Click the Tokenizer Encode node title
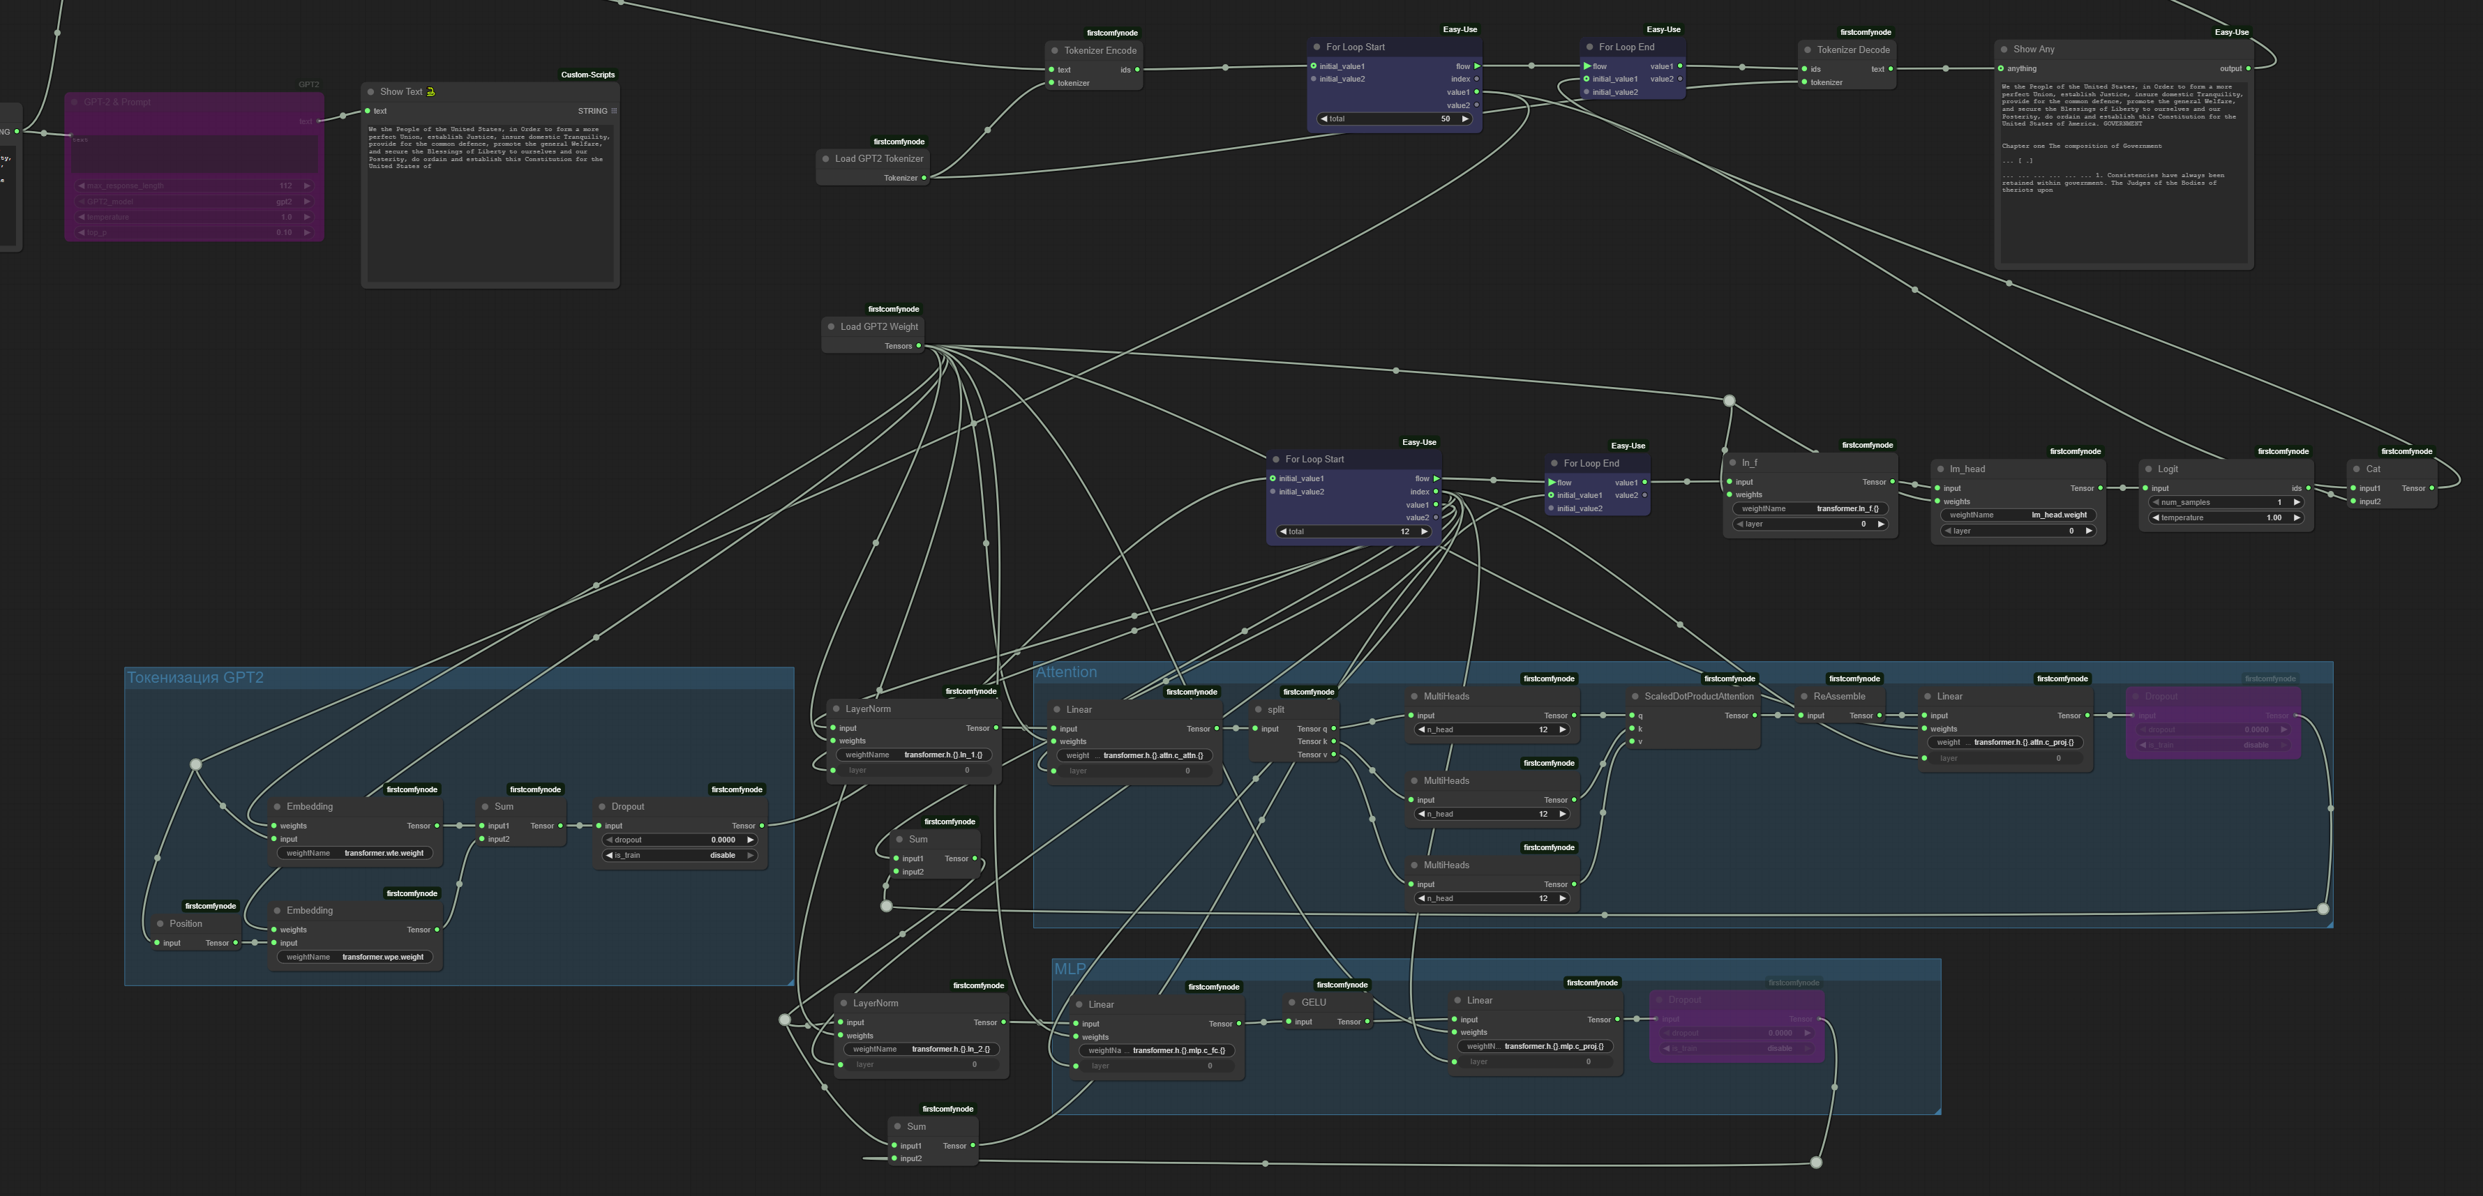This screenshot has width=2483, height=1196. coord(1100,50)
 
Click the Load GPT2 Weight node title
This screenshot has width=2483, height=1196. coord(878,326)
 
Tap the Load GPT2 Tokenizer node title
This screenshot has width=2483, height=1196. coord(878,159)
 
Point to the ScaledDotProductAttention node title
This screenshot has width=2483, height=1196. coord(1698,696)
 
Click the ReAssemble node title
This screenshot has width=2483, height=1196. coord(1838,696)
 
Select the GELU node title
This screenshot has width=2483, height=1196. coord(1313,1002)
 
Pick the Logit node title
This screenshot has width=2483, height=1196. coord(2167,469)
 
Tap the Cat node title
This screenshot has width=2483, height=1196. coord(2372,469)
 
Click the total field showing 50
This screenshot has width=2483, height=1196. coord(1394,119)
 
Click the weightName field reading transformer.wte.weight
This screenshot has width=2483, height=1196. coord(357,853)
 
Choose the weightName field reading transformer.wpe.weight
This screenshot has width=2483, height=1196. coord(357,957)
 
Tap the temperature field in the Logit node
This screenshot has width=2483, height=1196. coord(2225,517)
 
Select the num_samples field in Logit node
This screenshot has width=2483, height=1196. coord(2225,502)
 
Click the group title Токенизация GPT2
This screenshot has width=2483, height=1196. coord(195,678)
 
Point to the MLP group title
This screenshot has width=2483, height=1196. coord(1069,969)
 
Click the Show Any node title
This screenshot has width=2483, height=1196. coord(2033,49)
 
